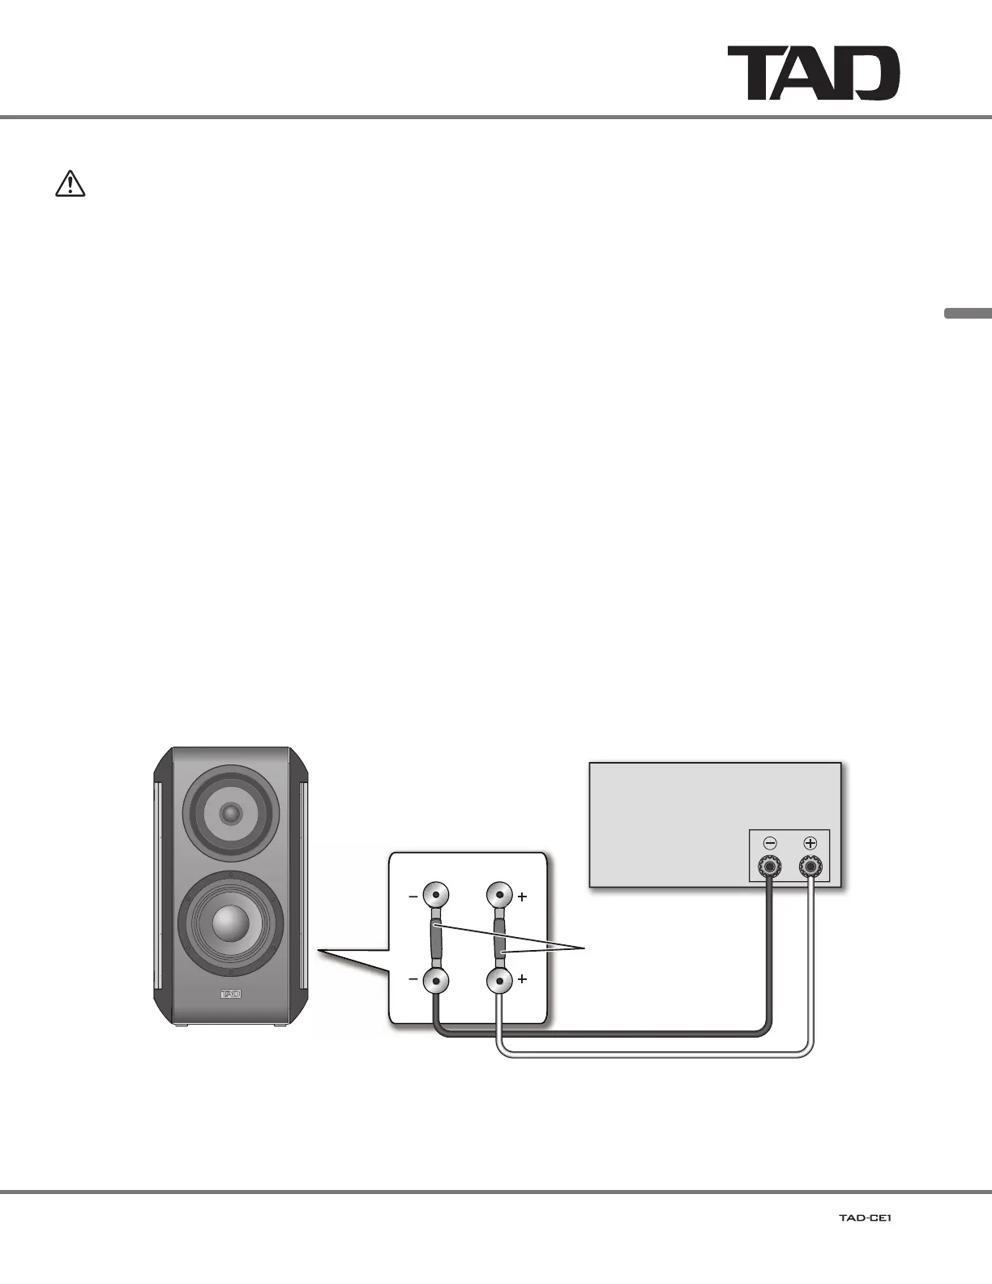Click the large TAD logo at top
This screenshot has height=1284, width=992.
click(x=813, y=73)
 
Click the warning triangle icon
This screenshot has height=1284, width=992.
click(x=71, y=185)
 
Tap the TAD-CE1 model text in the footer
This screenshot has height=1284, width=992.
click(x=865, y=1218)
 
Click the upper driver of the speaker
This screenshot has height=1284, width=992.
click(x=231, y=812)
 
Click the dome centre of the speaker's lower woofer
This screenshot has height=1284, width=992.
click(x=231, y=921)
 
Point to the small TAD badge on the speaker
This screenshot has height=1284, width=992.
click(x=231, y=993)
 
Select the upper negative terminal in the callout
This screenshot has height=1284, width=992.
click(x=436, y=896)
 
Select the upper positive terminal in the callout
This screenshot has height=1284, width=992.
click(x=499, y=896)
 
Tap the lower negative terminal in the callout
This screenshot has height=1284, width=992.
click(x=436, y=980)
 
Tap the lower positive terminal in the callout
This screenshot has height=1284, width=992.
click(x=499, y=980)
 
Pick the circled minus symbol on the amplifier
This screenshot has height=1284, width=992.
click(x=769, y=842)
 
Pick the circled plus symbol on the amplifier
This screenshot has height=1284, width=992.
click(x=810, y=842)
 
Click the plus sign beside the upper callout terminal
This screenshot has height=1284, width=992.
click(x=523, y=897)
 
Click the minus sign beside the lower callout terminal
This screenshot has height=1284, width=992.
click(x=413, y=979)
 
